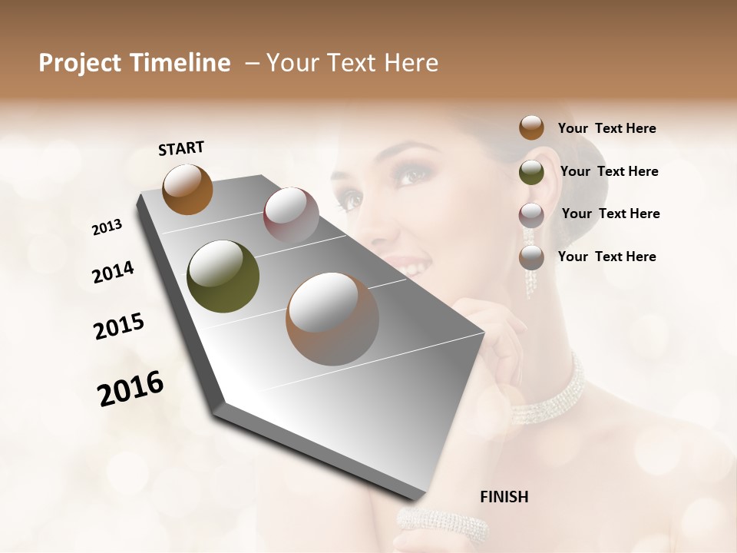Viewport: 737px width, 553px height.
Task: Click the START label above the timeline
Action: (x=181, y=148)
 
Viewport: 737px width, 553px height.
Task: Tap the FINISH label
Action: (x=504, y=497)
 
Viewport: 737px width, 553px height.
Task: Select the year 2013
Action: (x=107, y=227)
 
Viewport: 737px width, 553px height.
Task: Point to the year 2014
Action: (x=113, y=272)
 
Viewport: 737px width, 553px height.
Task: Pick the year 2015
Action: (x=119, y=326)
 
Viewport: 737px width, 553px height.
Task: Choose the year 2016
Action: (x=131, y=389)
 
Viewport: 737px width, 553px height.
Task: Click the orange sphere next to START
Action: (x=187, y=189)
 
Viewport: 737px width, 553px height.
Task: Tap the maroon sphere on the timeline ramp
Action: (x=291, y=215)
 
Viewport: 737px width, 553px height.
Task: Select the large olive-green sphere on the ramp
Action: (x=223, y=276)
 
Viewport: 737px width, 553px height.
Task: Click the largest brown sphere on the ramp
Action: (x=332, y=319)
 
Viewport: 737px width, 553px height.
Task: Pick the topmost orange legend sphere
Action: (x=531, y=127)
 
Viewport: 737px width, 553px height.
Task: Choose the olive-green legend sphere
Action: (x=531, y=172)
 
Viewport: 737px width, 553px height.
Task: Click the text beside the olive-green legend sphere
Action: (x=609, y=171)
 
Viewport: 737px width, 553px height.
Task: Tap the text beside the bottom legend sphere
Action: (x=606, y=257)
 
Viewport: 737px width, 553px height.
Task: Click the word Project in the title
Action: (x=81, y=63)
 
